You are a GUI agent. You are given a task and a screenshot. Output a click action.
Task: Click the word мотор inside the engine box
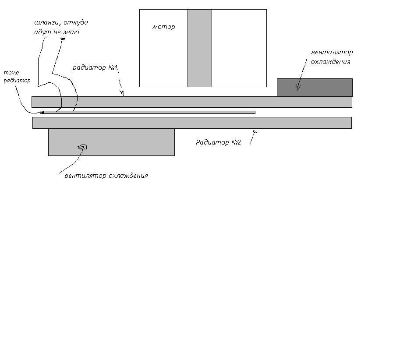tap(163, 27)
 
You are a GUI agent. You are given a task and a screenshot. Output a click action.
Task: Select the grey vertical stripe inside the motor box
tap(200, 48)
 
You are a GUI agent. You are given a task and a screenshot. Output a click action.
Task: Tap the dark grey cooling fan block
tap(315, 88)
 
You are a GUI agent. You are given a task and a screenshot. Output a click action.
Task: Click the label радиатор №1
tap(95, 67)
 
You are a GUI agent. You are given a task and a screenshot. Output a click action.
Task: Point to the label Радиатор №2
tap(218, 142)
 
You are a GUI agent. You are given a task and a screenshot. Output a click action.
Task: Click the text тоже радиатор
tap(17, 77)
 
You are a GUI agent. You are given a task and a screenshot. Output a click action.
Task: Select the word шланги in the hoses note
tap(47, 22)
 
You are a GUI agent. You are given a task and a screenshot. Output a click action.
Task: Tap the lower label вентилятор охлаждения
tap(106, 176)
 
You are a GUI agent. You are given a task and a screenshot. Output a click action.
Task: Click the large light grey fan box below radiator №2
tap(111, 142)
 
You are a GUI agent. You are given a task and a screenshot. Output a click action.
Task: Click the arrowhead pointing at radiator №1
tap(122, 93)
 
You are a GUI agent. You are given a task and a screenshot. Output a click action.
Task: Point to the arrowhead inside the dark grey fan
tap(298, 87)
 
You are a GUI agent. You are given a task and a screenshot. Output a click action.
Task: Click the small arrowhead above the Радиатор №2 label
tap(255, 132)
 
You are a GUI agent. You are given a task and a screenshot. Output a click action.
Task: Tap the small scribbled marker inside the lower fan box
tap(82, 147)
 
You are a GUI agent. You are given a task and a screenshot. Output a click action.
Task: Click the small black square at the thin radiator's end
tap(42, 113)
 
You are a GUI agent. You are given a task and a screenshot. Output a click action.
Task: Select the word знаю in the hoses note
tap(71, 32)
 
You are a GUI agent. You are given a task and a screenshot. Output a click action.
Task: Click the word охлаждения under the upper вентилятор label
tap(331, 62)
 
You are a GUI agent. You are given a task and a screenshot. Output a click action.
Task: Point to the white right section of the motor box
tap(239, 48)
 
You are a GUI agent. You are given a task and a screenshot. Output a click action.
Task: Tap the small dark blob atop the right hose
tap(63, 39)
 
